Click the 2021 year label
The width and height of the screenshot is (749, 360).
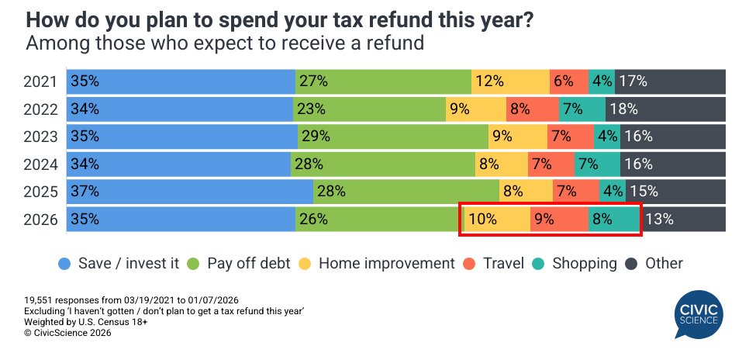[x=40, y=81]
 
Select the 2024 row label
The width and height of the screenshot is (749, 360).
[x=40, y=164]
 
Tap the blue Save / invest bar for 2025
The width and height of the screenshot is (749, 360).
[x=190, y=192]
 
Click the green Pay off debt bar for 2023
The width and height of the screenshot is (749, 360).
[x=392, y=136]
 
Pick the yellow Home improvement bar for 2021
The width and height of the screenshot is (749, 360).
[x=510, y=81]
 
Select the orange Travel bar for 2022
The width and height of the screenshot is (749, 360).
[x=532, y=109]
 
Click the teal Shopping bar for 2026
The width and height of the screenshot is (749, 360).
[x=613, y=219]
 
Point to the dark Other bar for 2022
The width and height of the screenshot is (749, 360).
[x=665, y=109]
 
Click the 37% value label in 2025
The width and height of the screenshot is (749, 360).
[x=85, y=192]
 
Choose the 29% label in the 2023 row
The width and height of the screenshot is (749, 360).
[x=316, y=136]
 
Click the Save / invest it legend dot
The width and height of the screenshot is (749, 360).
[x=65, y=264]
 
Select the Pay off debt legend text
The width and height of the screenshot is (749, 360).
[x=248, y=264]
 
